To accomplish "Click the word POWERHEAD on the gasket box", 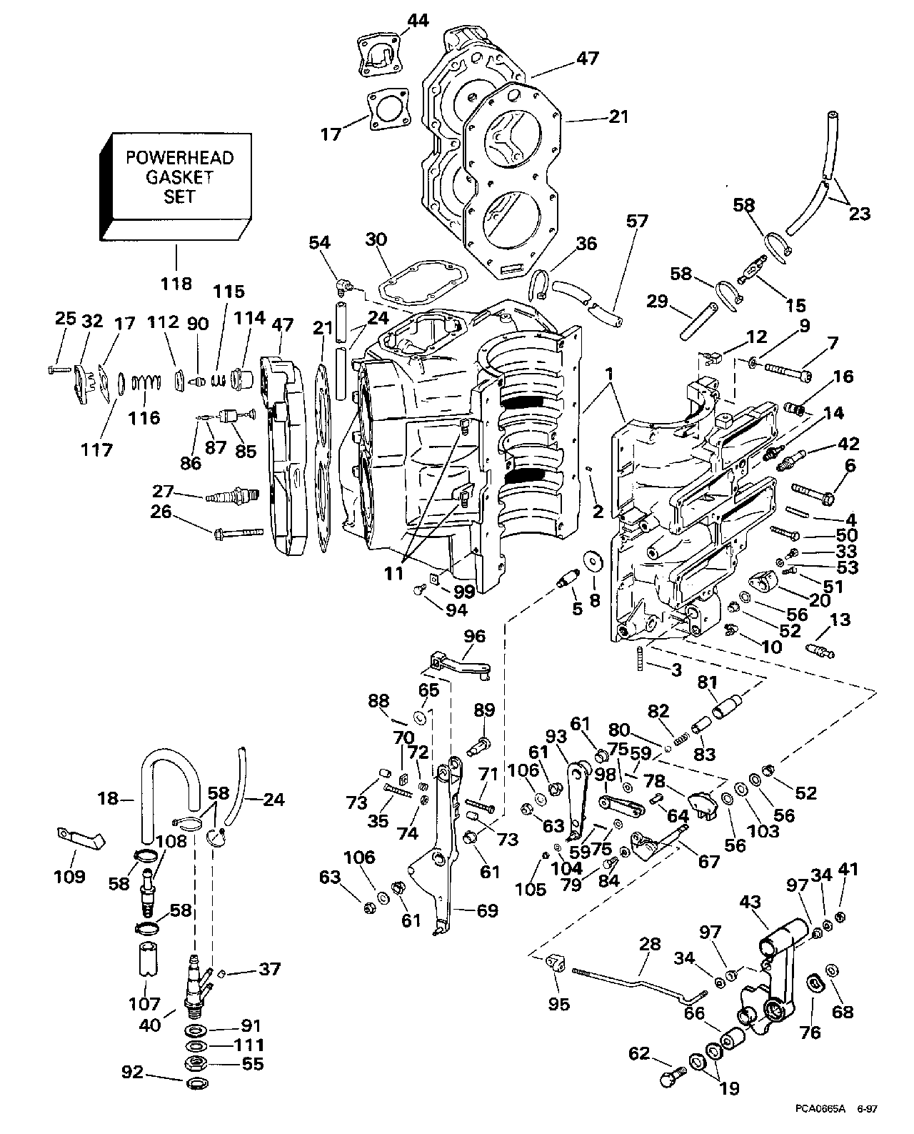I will point(179,158).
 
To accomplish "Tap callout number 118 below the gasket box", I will point(176,283).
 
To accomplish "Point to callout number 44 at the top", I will point(418,21).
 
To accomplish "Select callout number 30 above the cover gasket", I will point(377,239).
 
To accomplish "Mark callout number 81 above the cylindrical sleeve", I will point(708,682).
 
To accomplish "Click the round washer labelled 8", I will point(592,562).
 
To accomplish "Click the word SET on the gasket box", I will point(179,196).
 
